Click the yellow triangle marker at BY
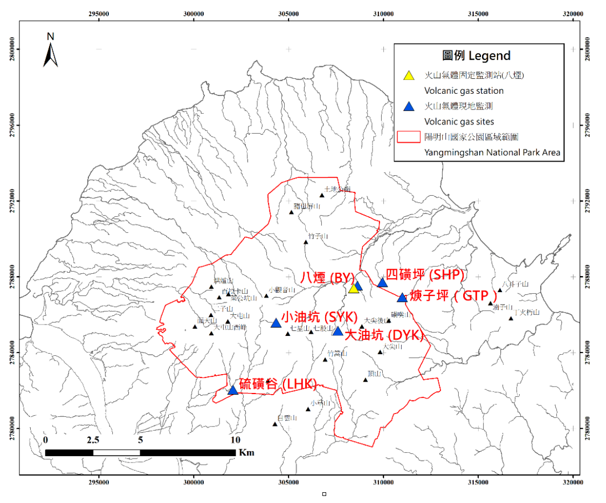coord(354,288)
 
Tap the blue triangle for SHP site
coord(383,282)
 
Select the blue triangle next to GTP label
coord(402,298)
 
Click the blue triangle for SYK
coord(276,323)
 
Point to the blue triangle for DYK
coord(338,331)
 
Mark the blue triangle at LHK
coord(233,390)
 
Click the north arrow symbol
coord(51,52)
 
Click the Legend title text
coord(476,56)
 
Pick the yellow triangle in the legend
coord(410,75)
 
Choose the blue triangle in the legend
coord(410,106)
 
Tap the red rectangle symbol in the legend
coord(410,137)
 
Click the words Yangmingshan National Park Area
coord(492,153)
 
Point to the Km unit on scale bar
coord(246,452)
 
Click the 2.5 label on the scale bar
coord(93,440)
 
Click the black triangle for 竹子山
coord(306,242)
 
